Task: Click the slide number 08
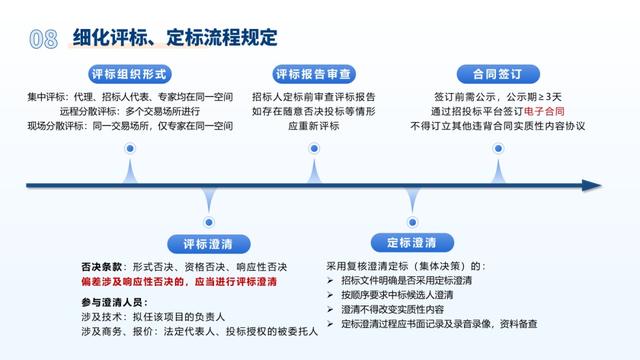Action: (x=42, y=39)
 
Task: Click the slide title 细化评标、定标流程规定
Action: (x=175, y=39)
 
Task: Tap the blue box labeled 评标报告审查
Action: (x=313, y=74)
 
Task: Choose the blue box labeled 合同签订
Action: (x=497, y=74)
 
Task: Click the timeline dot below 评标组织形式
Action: (x=129, y=148)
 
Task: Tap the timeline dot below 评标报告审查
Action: (x=313, y=148)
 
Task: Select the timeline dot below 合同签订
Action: (x=497, y=148)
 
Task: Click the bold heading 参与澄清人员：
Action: (x=113, y=301)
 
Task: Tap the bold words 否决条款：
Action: (x=101, y=267)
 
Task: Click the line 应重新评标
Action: (x=313, y=127)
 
